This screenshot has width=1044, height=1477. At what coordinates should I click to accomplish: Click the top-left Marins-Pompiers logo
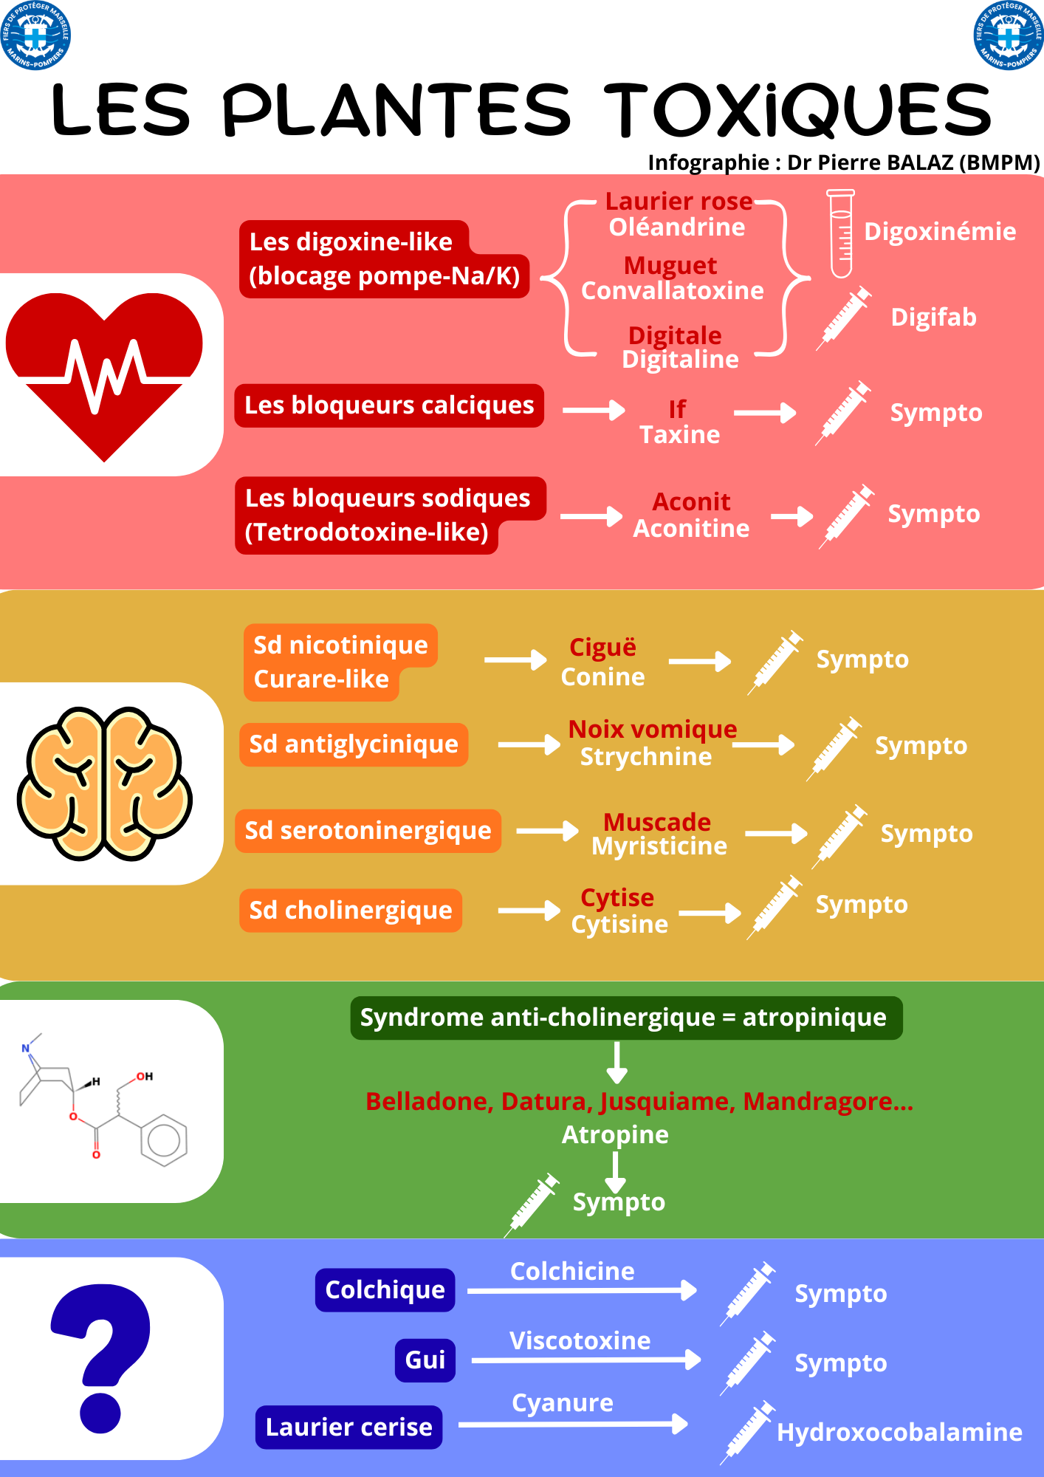pyautogui.click(x=35, y=35)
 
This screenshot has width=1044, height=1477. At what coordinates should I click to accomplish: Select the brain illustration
pyautogui.click(x=105, y=784)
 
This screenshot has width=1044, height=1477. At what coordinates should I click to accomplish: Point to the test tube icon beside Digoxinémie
pyautogui.click(x=840, y=233)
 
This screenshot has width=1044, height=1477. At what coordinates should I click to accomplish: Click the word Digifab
pyautogui.click(x=933, y=318)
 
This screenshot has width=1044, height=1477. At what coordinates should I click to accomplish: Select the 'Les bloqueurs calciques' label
pyautogui.click(x=389, y=405)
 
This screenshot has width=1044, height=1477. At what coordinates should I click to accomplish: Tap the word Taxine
pyautogui.click(x=679, y=435)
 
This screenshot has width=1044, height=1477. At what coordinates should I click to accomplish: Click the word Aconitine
pyautogui.click(x=691, y=529)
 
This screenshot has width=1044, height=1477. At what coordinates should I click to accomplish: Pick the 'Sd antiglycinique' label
pyautogui.click(x=354, y=744)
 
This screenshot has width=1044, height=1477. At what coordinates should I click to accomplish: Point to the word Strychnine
pyautogui.click(x=646, y=757)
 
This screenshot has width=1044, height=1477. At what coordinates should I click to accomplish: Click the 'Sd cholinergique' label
pyautogui.click(x=351, y=911)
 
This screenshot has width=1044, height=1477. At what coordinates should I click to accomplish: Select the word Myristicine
pyautogui.click(x=659, y=846)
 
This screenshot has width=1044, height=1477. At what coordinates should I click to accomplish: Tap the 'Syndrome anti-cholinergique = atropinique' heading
pyautogui.click(x=626, y=1018)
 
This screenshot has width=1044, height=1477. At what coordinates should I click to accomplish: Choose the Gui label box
pyautogui.click(x=425, y=1360)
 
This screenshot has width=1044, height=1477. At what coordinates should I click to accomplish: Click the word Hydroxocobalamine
pyautogui.click(x=899, y=1433)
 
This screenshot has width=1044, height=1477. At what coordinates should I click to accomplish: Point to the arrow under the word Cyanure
pyautogui.click(x=573, y=1424)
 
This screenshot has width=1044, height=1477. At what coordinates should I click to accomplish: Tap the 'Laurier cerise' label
pyautogui.click(x=349, y=1428)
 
